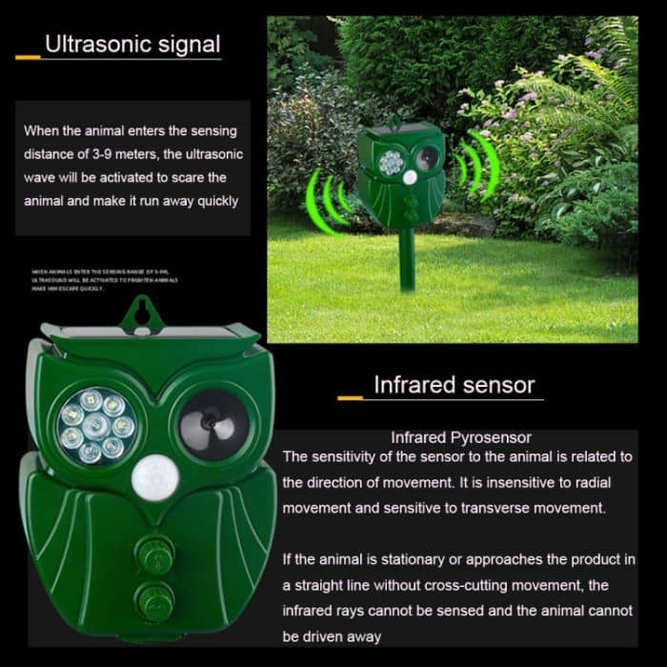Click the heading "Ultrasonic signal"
pyautogui.click(x=132, y=44)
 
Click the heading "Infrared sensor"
pyautogui.click(x=454, y=385)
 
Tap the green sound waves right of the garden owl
pyautogui.click(x=475, y=164)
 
